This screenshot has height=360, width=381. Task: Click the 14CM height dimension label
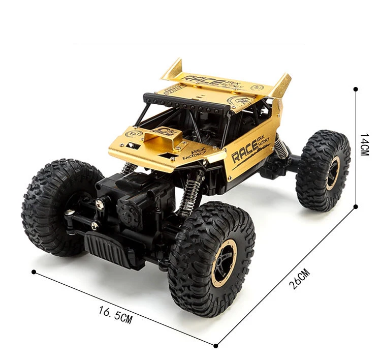tap(364, 145)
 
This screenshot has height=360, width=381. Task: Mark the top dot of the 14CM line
tap(356, 89)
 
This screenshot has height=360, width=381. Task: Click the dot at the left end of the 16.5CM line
tap(34, 272)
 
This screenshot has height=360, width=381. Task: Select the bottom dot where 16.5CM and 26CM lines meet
tap(216, 346)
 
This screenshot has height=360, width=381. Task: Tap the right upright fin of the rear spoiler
tap(280, 85)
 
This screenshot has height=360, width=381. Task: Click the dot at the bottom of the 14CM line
tap(356, 206)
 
